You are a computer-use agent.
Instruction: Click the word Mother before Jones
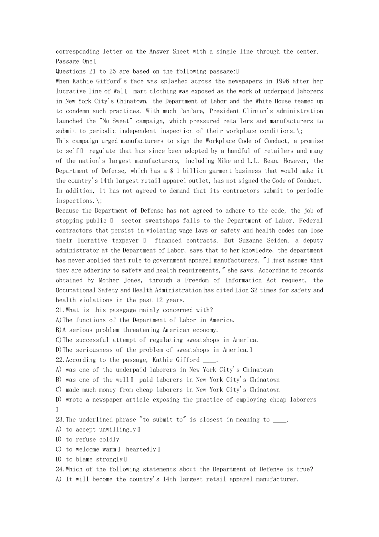pyautogui.click(x=109, y=280)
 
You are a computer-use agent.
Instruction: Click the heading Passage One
pyautogui.click(x=74, y=62)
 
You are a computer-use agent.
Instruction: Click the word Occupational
pyautogui.click(x=76, y=290)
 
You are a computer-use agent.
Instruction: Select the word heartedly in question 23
pyautogui.click(x=141, y=449)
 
